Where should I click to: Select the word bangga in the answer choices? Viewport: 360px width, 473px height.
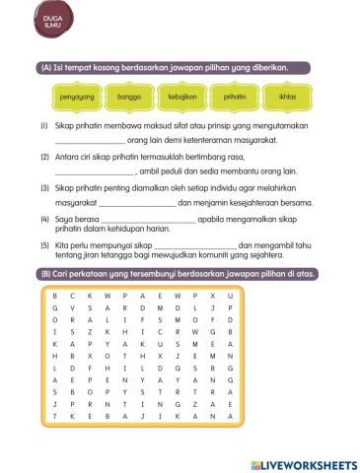pos(130,99)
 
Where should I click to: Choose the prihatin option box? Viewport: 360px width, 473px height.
pos(234,99)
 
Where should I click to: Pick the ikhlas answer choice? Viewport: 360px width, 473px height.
pos(287,99)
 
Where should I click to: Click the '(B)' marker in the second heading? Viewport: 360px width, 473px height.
pos(46,274)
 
